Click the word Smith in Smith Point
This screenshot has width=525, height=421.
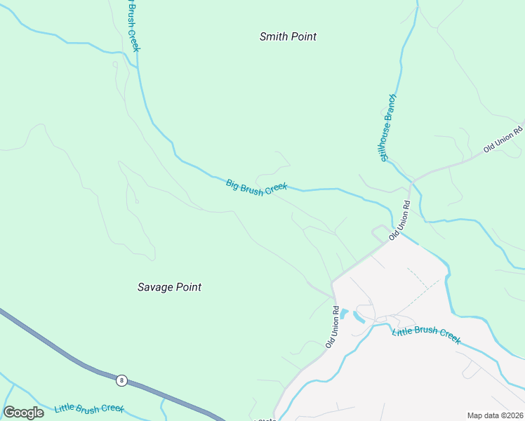point(274,36)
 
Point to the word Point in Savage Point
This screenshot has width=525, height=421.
point(188,287)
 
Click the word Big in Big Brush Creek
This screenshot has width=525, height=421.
point(232,183)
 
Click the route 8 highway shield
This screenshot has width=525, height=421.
point(122,380)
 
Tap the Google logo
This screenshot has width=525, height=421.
point(24,413)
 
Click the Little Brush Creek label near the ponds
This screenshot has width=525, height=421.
point(426,335)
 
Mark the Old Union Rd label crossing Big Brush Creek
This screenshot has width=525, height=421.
point(399,220)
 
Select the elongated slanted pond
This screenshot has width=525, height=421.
point(359,316)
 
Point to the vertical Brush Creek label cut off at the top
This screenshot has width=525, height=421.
point(131,25)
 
